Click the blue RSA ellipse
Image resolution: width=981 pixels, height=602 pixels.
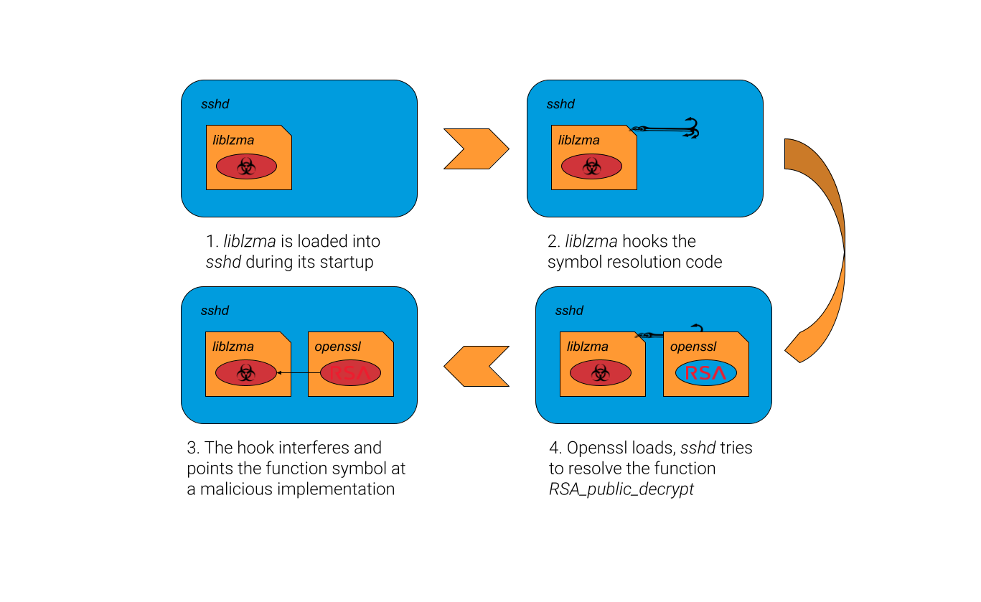pos(705,372)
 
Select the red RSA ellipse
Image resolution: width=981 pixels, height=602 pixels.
pos(350,372)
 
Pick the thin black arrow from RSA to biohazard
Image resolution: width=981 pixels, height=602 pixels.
pos(299,372)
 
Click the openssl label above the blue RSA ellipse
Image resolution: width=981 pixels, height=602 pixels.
pos(693,347)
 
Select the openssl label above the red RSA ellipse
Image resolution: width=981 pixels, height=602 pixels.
pos(337,347)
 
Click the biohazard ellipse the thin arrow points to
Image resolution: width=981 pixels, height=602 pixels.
pos(246,372)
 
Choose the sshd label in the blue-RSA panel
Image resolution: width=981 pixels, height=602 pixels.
pos(569,311)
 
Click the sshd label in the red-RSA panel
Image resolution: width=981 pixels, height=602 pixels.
pos(215,311)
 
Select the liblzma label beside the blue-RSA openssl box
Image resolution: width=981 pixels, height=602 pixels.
pos(587,347)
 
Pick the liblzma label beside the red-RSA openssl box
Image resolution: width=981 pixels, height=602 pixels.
pos(233,347)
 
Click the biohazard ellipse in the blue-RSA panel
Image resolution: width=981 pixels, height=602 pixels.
pos(600,372)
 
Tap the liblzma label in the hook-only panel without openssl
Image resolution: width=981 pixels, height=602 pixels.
pos(578,141)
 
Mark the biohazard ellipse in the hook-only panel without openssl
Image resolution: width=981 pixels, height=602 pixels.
pos(591,166)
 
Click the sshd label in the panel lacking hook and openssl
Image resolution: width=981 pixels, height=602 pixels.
pos(215,104)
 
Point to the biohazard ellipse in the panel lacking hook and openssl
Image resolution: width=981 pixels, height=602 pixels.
pos(246,166)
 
